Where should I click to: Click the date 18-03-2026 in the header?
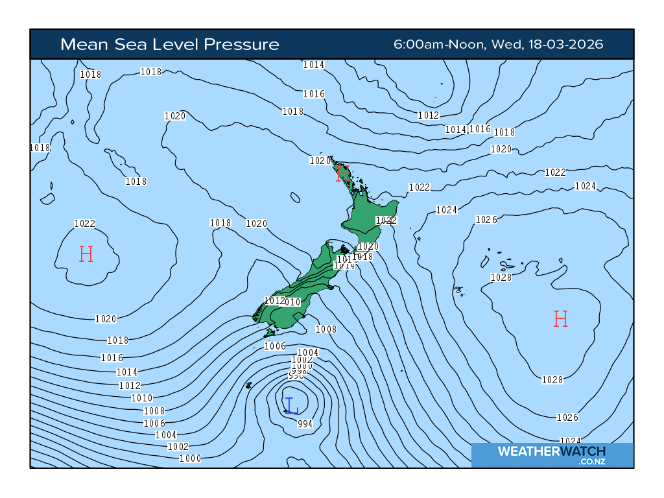pyautogui.click(x=566, y=44)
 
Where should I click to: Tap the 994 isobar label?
pyautogui.click(x=305, y=424)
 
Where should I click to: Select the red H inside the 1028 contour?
pyautogui.click(x=561, y=318)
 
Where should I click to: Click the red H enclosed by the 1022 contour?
pyautogui.click(x=86, y=254)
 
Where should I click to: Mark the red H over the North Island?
pyautogui.click(x=343, y=173)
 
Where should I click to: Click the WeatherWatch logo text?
pyautogui.click(x=551, y=451)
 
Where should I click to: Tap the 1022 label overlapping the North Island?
pyautogui.click(x=386, y=220)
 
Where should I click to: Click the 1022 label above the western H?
pyautogui.click(x=85, y=224)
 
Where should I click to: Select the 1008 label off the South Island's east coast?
pyautogui.click(x=326, y=329)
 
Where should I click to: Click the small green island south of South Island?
pyautogui.click(x=268, y=333)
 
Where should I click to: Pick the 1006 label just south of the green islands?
pyautogui.click(x=275, y=346)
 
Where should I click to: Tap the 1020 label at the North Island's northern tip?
pyautogui.click(x=320, y=161)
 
